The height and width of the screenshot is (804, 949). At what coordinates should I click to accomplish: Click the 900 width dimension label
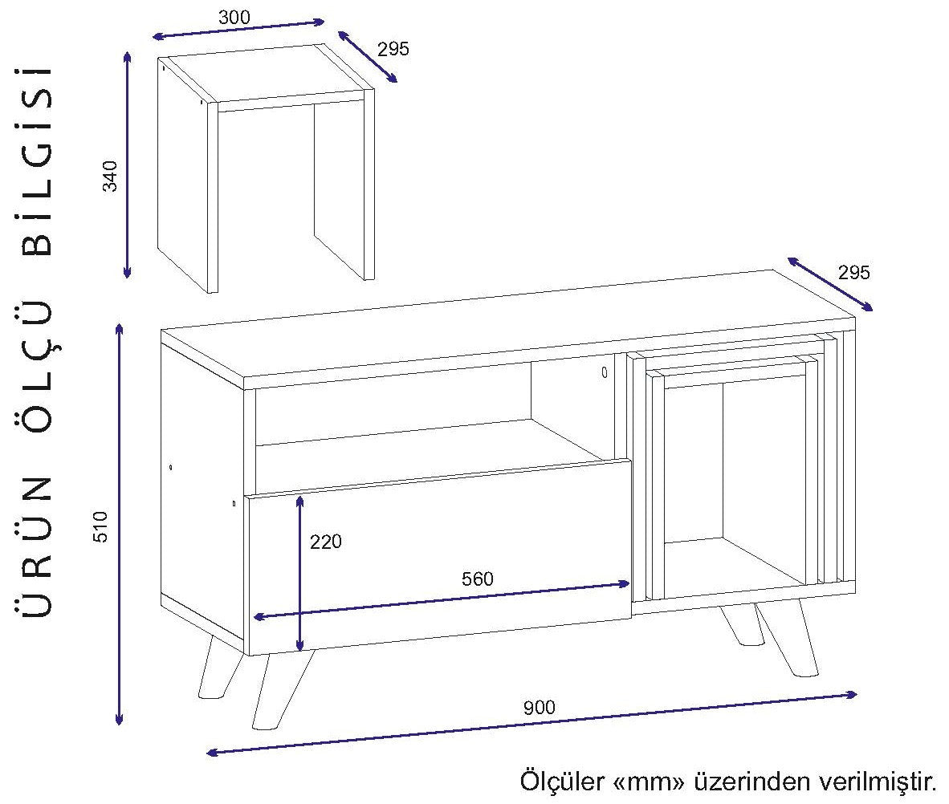539,708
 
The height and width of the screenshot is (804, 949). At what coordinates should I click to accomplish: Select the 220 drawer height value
326,542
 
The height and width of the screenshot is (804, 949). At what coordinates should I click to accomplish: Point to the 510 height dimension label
100,525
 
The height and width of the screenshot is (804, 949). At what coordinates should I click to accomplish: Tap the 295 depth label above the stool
393,48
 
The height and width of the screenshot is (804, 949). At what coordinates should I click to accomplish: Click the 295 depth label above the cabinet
853,272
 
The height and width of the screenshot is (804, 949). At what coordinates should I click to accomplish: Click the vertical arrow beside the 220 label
299,573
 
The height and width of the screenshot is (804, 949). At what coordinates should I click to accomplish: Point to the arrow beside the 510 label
120,525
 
